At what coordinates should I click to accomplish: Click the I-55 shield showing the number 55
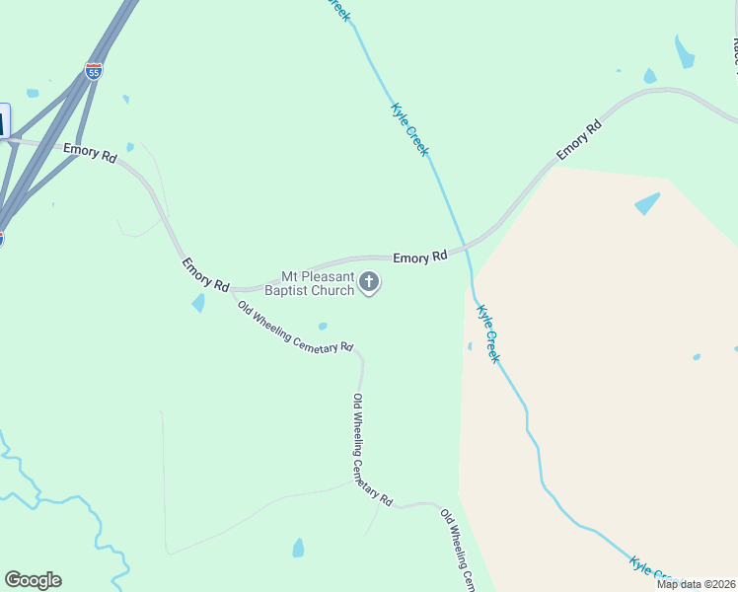click(93, 71)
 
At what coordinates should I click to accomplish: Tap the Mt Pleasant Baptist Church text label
click(318, 284)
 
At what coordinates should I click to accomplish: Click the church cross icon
click(369, 284)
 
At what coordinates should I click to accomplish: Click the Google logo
click(33, 580)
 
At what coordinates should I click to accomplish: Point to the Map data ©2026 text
click(696, 584)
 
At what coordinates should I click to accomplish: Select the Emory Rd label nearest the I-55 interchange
click(90, 154)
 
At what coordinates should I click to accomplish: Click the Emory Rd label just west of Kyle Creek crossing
click(419, 257)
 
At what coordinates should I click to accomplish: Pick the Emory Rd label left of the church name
click(205, 273)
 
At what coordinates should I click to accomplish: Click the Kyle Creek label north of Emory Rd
click(409, 129)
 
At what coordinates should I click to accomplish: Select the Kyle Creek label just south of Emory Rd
click(488, 333)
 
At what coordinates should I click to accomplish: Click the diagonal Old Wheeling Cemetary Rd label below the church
click(294, 326)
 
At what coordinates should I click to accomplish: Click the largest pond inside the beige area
click(647, 203)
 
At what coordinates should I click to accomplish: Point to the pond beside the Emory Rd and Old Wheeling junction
click(199, 302)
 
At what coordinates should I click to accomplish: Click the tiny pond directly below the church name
click(323, 327)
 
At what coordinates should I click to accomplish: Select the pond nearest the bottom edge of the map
click(298, 548)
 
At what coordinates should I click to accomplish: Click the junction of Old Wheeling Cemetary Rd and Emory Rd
click(234, 290)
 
